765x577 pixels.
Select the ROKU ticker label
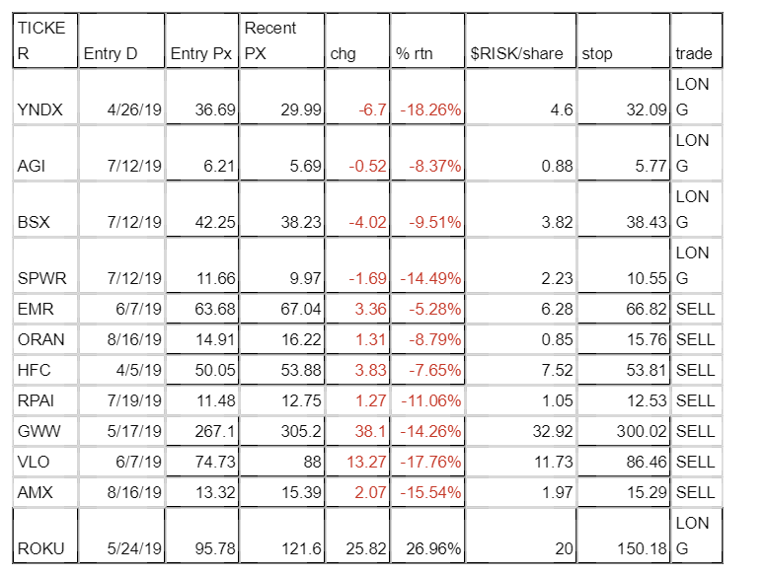click(38, 546)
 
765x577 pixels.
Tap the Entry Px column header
click(201, 54)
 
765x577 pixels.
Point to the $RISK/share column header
click(516, 54)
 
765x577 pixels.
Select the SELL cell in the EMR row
click(695, 311)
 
